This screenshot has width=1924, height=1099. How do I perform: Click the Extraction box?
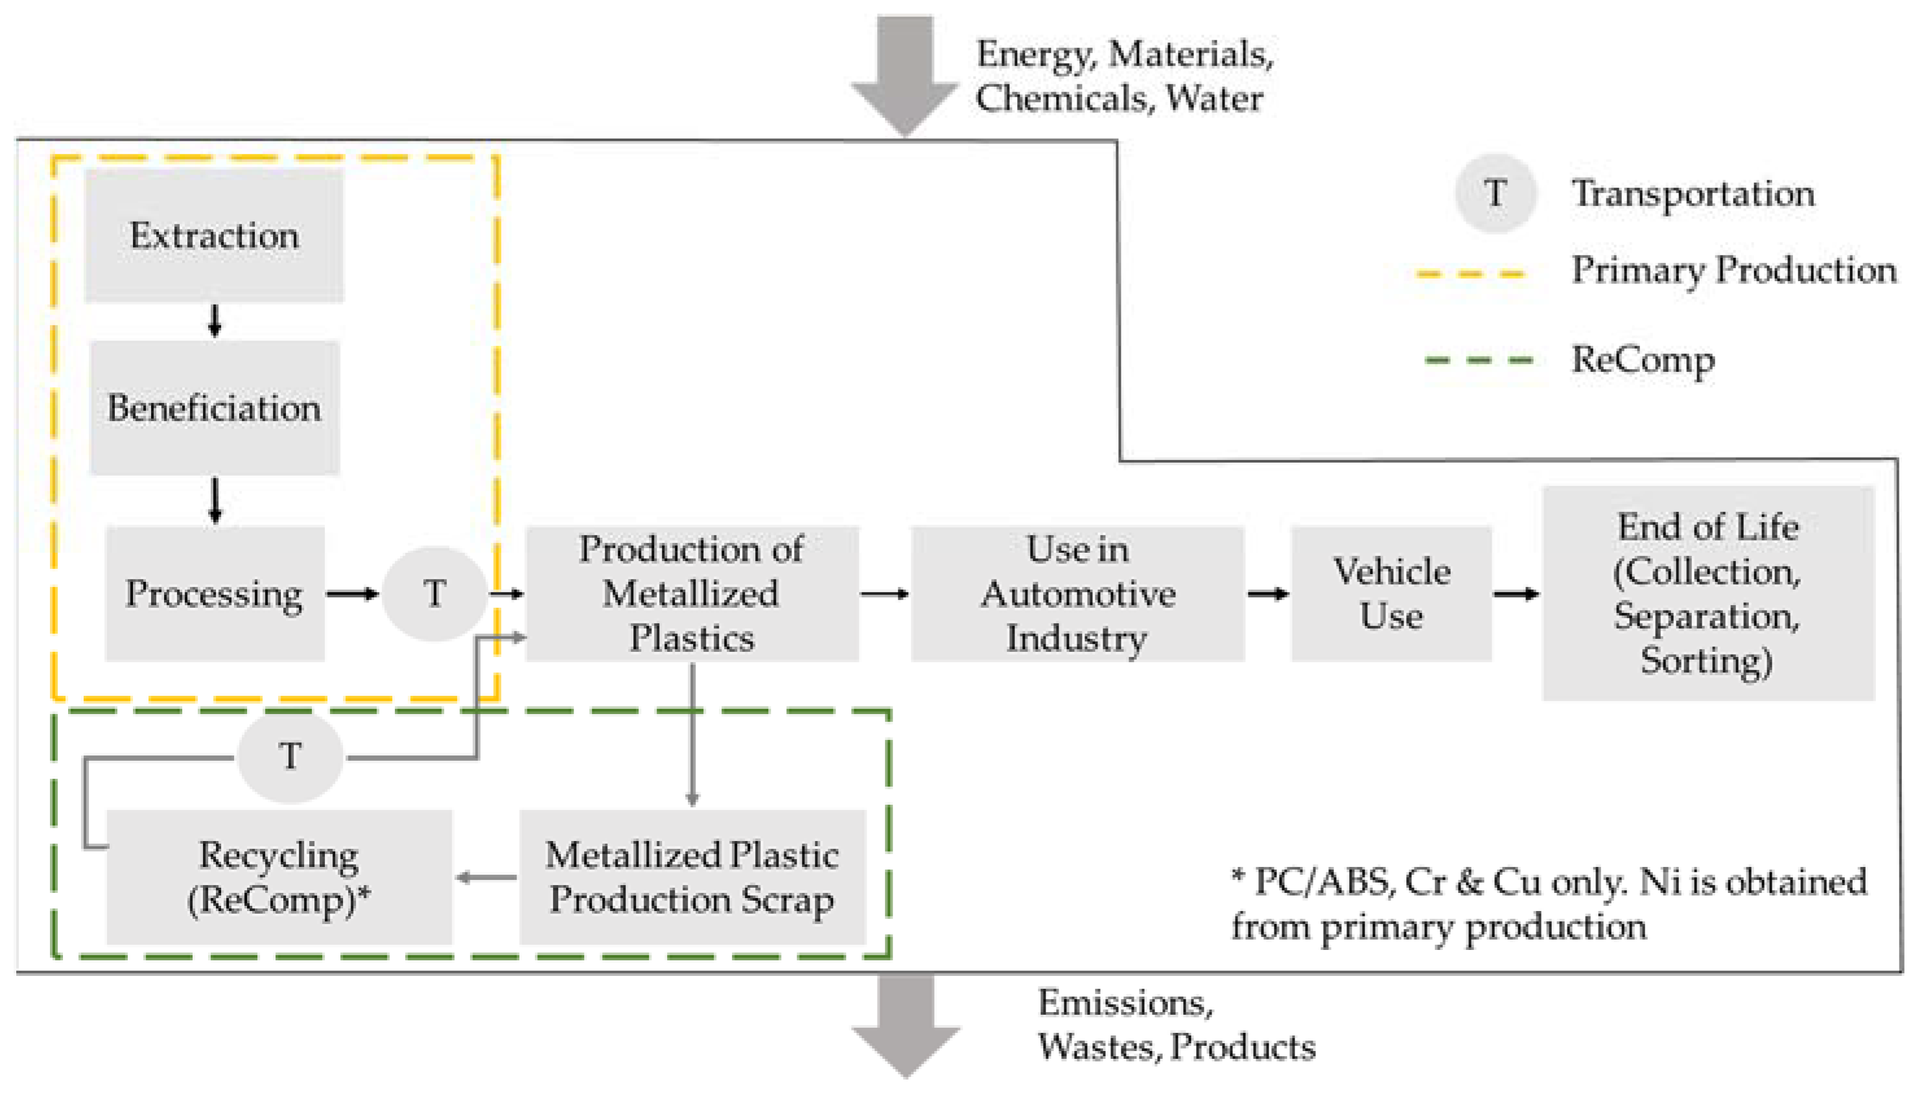coord(214,235)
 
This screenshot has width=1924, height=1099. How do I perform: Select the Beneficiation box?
coord(215,408)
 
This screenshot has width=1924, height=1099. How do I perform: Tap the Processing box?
coord(215,594)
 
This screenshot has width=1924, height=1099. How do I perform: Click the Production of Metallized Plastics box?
coord(692,594)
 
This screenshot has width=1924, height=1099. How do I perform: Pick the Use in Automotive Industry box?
coord(1077,594)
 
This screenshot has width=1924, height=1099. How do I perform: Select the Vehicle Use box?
coord(1391,594)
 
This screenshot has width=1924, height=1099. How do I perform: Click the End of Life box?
coord(1707,594)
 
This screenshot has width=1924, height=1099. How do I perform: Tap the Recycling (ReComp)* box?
coord(279,877)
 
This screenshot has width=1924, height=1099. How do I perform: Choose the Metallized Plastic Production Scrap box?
coord(692,877)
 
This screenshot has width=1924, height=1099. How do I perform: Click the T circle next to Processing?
coord(434,594)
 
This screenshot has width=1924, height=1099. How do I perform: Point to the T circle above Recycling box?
coord(290,756)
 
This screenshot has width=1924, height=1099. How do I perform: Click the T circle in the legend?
coord(1495,193)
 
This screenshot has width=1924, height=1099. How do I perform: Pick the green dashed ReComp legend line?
coord(1478,360)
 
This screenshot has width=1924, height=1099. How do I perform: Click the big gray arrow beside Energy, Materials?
coord(904,75)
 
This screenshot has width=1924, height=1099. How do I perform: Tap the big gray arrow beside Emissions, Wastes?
coord(904,1026)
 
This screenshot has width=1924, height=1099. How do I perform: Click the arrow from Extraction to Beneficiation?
coord(215,321)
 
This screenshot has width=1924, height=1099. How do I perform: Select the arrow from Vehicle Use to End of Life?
coord(1516,594)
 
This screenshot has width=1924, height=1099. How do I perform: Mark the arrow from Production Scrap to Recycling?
coord(486,877)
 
